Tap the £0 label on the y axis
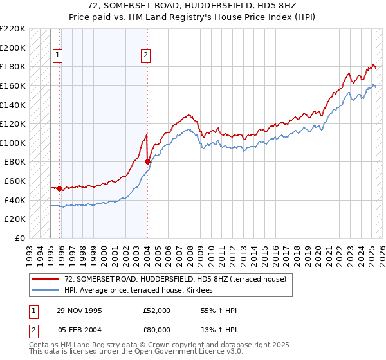21,238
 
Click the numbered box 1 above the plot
57,56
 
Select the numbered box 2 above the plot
146,56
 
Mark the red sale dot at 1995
60,188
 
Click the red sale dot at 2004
147,162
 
